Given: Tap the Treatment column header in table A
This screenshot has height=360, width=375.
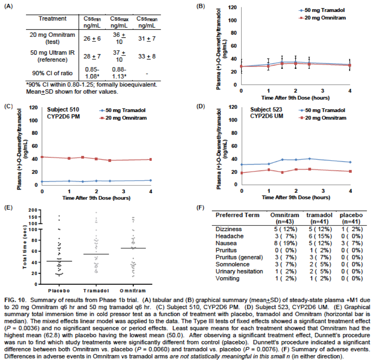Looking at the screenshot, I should tap(52, 19).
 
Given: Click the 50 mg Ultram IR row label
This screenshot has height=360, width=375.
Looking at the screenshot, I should tap(52, 56).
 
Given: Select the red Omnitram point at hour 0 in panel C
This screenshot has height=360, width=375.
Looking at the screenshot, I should tap(42, 157).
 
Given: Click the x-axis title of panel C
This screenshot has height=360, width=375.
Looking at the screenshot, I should tap(96, 198).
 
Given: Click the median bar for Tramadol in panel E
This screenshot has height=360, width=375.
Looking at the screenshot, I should tap(96, 254).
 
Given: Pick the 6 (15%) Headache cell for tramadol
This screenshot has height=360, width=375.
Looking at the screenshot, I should tap(315, 236).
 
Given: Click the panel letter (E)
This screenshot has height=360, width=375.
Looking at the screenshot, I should tap(8, 208).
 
